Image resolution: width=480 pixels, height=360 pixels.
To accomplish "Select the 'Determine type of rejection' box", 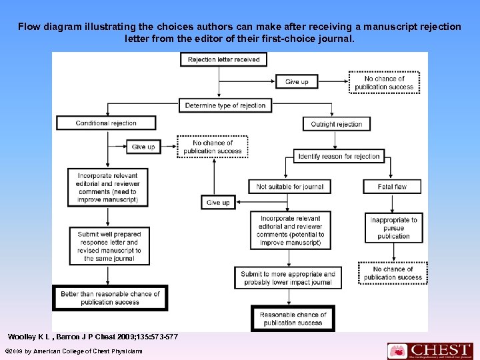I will [225, 105].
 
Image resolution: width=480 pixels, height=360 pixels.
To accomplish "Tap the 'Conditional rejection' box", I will [106, 123].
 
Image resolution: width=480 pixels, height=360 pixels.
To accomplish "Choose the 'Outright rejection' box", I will [336, 124].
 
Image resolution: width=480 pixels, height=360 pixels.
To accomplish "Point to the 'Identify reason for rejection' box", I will [339, 157].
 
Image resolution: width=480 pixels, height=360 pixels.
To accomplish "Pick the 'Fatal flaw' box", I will [392, 187].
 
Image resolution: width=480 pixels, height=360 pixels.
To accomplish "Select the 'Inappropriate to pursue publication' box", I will [393, 228].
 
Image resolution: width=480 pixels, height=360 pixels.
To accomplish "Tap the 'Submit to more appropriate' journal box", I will [288, 278].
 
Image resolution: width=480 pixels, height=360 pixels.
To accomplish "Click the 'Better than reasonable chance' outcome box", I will [110, 298].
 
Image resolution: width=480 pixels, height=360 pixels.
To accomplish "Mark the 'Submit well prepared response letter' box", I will [109, 246].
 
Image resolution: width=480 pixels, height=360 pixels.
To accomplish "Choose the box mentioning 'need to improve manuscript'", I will [107, 187].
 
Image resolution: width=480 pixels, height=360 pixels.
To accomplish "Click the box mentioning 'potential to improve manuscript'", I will [290, 230].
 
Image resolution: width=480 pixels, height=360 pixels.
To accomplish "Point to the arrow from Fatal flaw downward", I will [392, 203].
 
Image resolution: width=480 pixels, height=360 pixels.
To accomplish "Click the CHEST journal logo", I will [430, 350].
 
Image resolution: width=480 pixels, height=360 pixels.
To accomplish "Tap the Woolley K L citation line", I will [93, 335].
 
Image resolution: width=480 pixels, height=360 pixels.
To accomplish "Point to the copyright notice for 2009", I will [73, 351].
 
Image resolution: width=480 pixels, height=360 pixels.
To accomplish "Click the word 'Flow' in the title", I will [29, 27].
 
